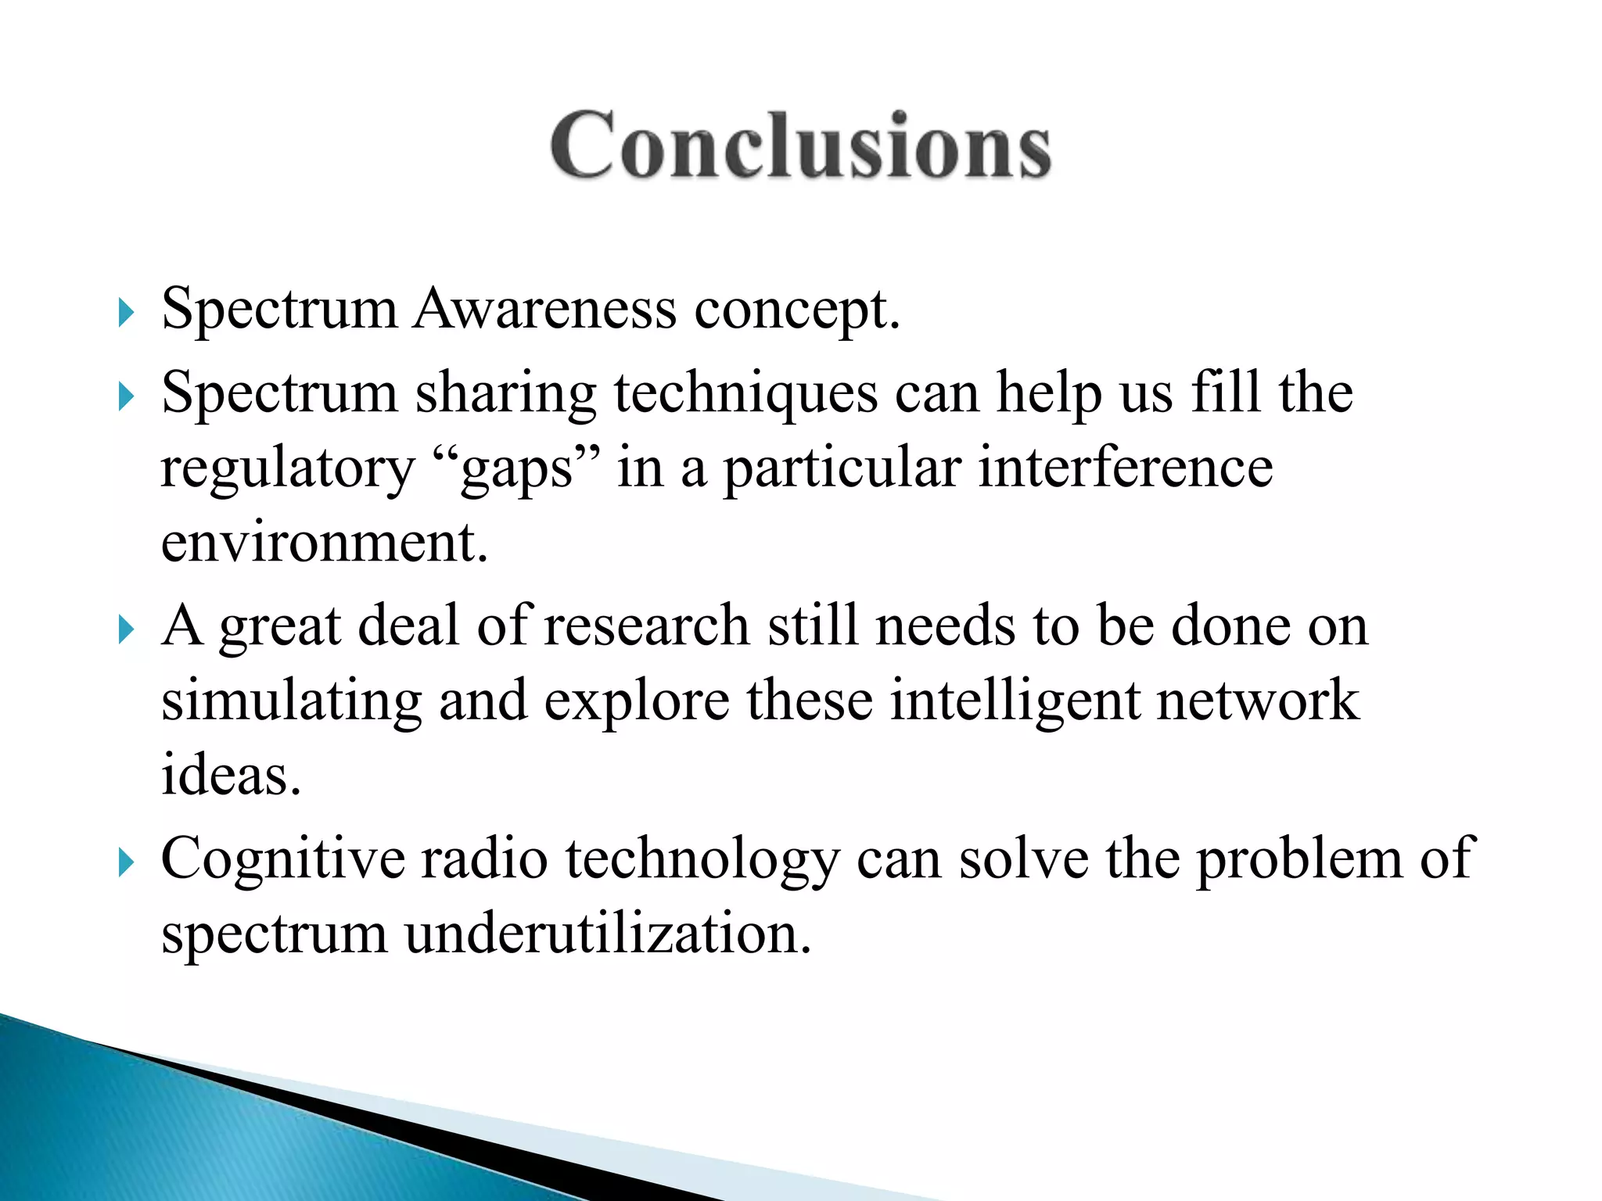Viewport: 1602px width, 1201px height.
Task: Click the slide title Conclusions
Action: click(x=801, y=146)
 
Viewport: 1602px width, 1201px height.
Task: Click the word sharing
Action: click(x=505, y=393)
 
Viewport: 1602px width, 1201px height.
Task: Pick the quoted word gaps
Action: click(x=515, y=469)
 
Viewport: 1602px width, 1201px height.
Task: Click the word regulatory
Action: click(x=287, y=469)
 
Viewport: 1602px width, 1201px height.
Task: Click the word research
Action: click(x=647, y=626)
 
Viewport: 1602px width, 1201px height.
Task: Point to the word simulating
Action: click(x=291, y=701)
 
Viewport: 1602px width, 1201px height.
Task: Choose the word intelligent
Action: click(x=1015, y=701)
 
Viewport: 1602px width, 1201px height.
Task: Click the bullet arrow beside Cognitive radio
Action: click(x=126, y=863)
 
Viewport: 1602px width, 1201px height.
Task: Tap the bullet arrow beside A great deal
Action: click(x=126, y=629)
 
